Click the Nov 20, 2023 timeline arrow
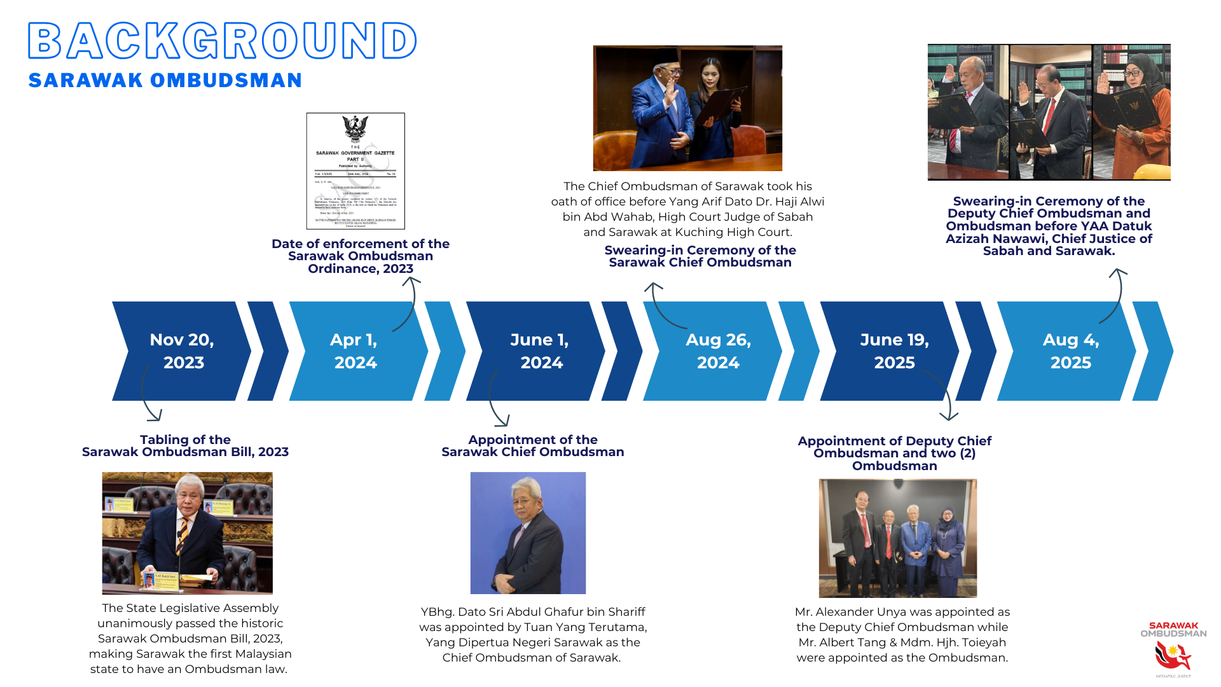pyautogui.click(x=182, y=350)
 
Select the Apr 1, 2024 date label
pyautogui.click(x=355, y=350)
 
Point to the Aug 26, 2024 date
pyautogui.click(x=718, y=350)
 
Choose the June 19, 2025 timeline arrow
pyautogui.click(x=894, y=350)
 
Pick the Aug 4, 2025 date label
pyautogui.click(x=1071, y=350)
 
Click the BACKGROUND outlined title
pyautogui.click(x=222, y=41)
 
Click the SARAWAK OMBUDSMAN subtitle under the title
pyautogui.click(x=165, y=81)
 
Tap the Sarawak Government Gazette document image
pyautogui.click(x=355, y=171)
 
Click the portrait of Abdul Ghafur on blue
pyautogui.click(x=528, y=533)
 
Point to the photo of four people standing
pyautogui.click(x=897, y=538)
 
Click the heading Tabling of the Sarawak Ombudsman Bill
pyautogui.click(x=185, y=446)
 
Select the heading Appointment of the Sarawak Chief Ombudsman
pyautogui.click(x=532, y=446)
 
